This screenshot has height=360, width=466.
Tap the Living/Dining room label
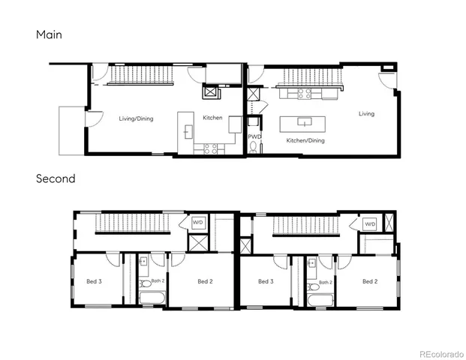click(136, 118)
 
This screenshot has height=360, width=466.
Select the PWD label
click(254, 136)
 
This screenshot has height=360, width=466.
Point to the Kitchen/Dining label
click(305, 140)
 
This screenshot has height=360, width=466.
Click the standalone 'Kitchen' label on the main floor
click(212, 118)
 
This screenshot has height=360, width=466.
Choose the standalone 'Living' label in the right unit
click(366, 114)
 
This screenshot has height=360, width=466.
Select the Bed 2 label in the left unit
click(205, 282)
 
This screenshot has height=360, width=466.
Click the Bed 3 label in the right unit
click(264, 282)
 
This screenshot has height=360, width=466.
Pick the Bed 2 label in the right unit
click(369, 282)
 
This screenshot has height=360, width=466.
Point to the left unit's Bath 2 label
click(157, 281)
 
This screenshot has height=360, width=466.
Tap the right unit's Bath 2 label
click(324, 283)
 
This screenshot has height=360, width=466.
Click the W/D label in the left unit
click(198, 223)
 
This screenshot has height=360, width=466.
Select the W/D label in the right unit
click(370, 224)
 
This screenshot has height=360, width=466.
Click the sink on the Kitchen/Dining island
click(304, 121)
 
